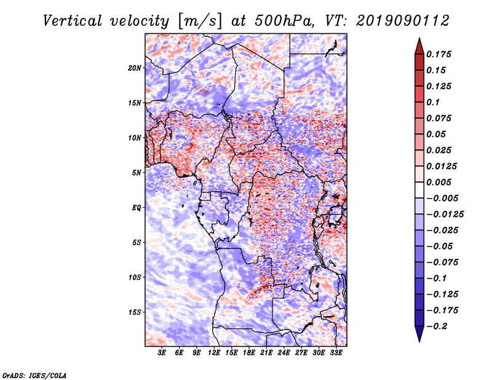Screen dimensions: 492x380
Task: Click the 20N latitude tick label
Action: [x=135, y=68]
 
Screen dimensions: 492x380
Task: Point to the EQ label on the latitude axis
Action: [x=137, y=208]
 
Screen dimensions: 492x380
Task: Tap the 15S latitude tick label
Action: [x=135, y=312]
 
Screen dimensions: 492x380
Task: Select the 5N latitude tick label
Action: [x=137, y=173]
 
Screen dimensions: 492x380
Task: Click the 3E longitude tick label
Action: [x=162, y=353]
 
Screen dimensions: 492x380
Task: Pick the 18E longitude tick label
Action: [x=249, y=353]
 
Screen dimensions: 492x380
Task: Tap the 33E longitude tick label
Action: [x=336, y=353]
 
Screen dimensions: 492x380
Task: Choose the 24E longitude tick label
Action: [x=284, y=353]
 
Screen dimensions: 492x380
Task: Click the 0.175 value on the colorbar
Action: [x=438, y=54]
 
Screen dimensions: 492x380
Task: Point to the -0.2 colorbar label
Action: [x=437, y=327]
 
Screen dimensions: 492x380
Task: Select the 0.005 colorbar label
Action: [x=438, y=182]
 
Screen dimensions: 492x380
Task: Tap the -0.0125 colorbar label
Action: [x=445, y=215]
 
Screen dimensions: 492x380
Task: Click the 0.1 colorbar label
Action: [x=433, y=102]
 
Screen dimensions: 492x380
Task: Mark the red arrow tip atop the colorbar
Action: [x=419, y=38]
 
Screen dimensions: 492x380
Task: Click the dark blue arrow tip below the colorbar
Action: [x=419, y=341]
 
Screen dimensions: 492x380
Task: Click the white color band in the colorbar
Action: [x=419, y=190]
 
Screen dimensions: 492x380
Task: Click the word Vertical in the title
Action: [x=73, y=21]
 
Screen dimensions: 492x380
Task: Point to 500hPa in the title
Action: [x=284, y=21]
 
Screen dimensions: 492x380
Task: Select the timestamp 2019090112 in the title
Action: [x=403, y=21]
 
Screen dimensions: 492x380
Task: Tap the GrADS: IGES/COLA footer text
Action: [x=34, y=375]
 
